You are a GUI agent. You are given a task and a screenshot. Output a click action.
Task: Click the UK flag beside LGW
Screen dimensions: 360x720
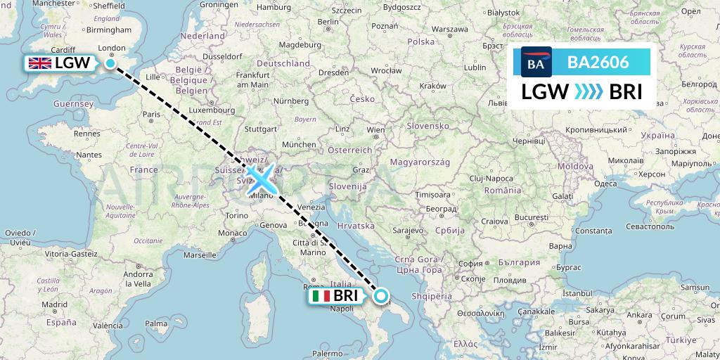point(39,63)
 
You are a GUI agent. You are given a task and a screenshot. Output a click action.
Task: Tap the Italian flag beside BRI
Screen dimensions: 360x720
point(321,296)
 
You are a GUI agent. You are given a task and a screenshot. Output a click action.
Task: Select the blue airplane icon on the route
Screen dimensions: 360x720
point(262,177)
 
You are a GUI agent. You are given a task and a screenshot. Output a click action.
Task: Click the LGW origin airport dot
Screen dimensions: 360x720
point(110,63)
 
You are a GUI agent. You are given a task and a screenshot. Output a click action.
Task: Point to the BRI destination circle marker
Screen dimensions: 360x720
point(381,296)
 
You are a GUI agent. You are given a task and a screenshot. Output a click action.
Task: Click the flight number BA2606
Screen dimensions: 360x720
point(598,62)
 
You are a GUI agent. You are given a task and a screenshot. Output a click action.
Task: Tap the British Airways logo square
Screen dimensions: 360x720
point(536,62)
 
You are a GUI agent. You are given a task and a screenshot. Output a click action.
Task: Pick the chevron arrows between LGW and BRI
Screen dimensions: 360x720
point(589,91)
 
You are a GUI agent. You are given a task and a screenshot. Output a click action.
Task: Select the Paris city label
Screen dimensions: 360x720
point(153,113)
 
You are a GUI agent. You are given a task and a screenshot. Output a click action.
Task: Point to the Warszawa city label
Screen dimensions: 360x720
point(451,30)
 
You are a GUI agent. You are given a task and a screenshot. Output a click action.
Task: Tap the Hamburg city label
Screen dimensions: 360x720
point(273,8)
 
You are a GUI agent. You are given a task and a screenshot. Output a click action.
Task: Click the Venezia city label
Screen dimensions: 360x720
point(311,206)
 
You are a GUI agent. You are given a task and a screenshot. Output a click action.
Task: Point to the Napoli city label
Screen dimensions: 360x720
point(341,309)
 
